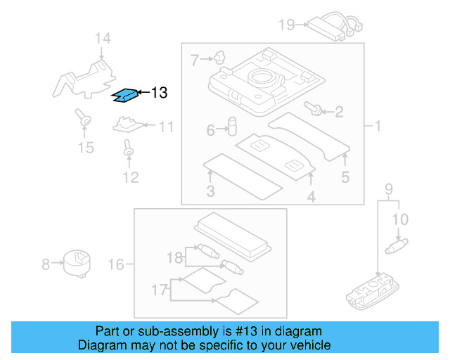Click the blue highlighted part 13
point(124,94)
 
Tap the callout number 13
point(159,93)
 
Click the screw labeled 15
point(84,120)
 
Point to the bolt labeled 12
point(128,148)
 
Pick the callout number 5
point(345,177)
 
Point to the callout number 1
point(377,127)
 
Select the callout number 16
point(116,264)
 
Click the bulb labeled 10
point(398,245)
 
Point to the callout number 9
point(388,189)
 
